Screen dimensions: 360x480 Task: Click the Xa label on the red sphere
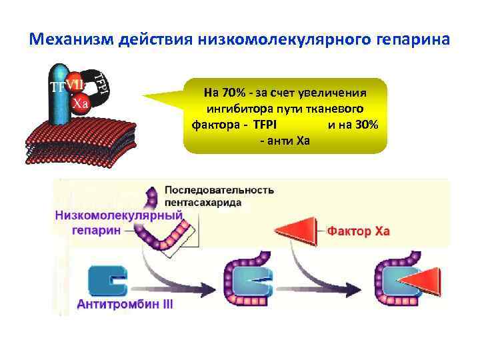click(x=81, y=103)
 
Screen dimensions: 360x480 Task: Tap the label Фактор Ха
click(x=358, y=232)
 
